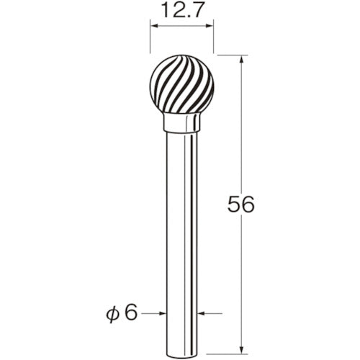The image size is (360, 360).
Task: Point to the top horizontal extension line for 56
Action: pyautogui.click(x=230, y=55)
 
